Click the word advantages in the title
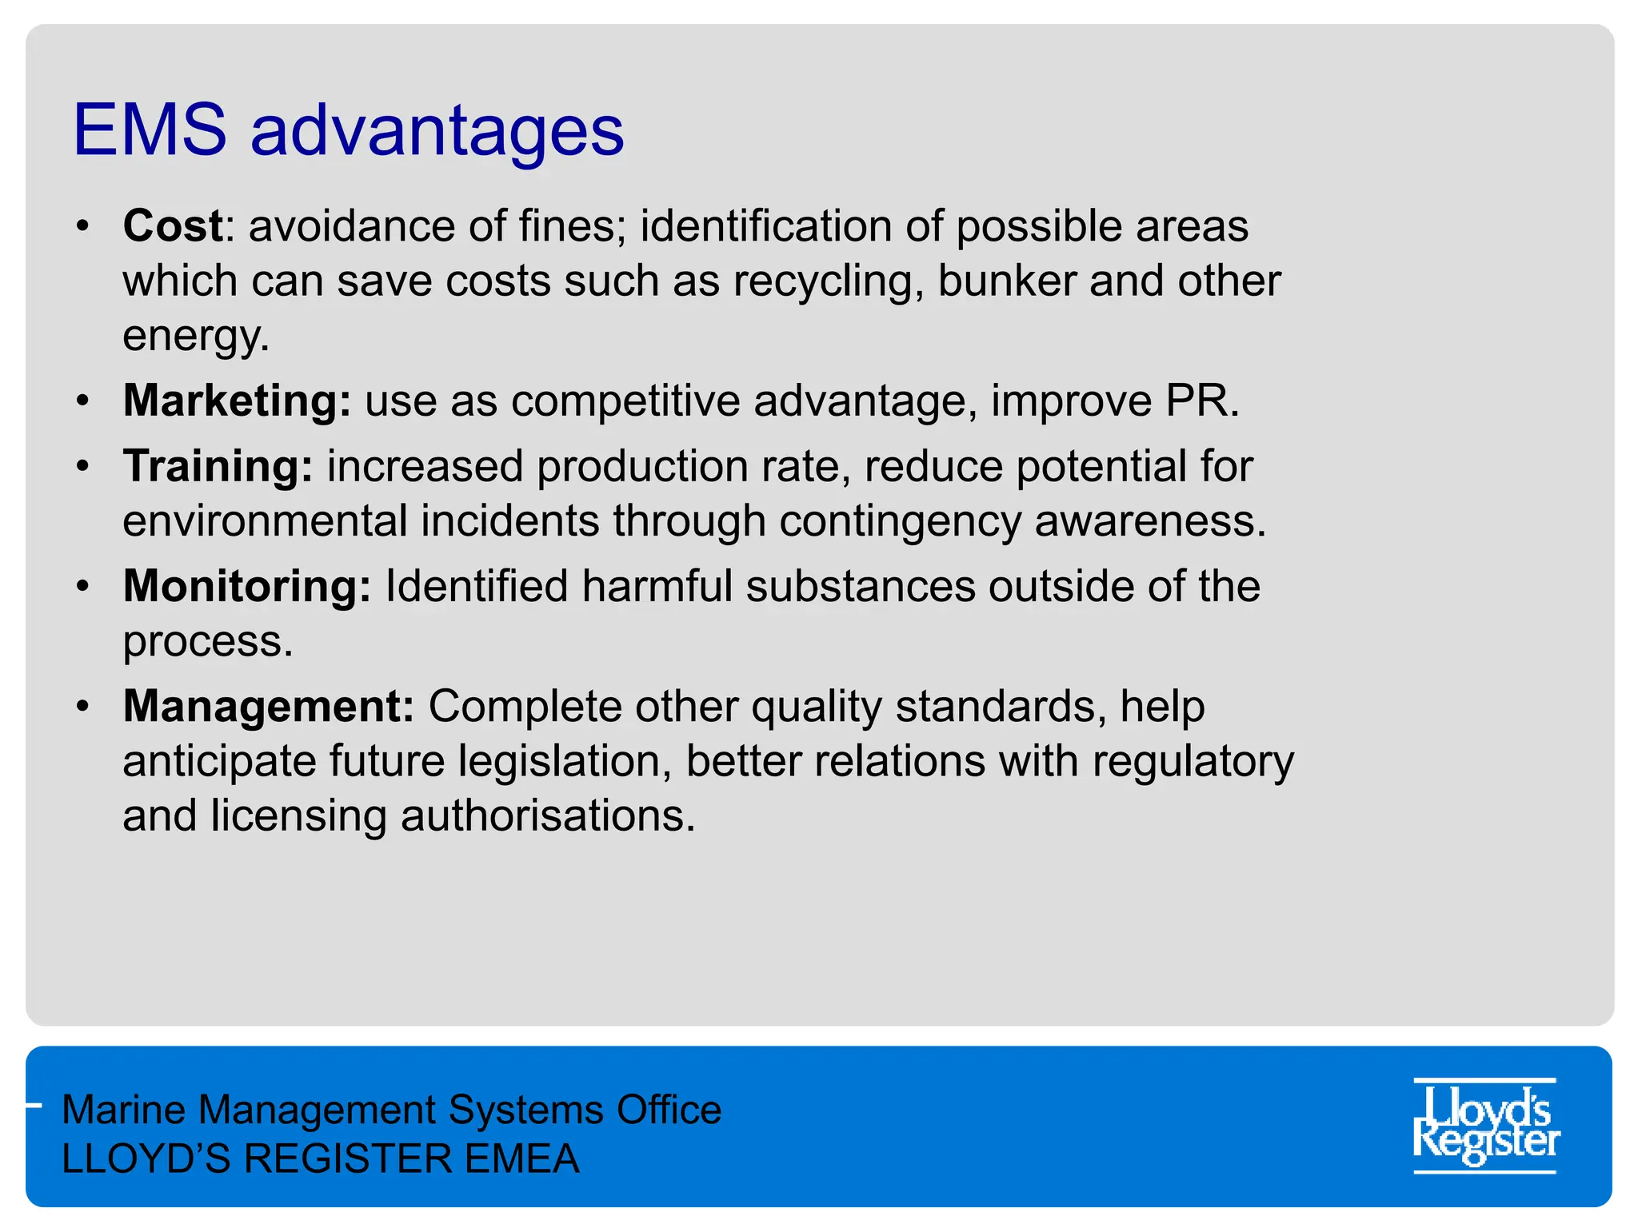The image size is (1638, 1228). (x=437, y=132)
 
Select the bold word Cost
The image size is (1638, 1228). (x=173, y=225)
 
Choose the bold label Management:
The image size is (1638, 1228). (x=269, y=706)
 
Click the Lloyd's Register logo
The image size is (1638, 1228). (x=1485, y=1126)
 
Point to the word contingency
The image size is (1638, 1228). (x=901, y=521)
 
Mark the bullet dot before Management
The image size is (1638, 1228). (x=82, y=706)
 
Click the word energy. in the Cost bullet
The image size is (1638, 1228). (x=196, y=336)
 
